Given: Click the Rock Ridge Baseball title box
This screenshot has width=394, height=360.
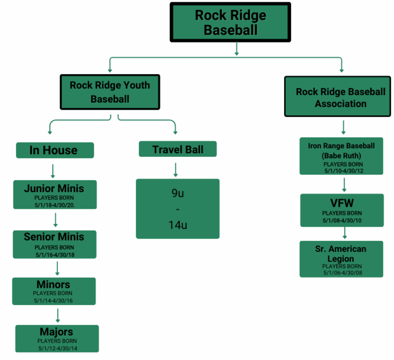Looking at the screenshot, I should (x=230, y=22).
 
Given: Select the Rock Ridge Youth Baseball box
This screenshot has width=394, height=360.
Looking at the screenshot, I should (x=110, y=92).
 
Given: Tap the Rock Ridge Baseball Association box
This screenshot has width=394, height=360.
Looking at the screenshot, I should (x=340, y=98).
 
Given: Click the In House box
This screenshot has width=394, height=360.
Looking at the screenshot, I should (x=55, y=150).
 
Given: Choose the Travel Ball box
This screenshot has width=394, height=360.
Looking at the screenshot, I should (x=178, y=149).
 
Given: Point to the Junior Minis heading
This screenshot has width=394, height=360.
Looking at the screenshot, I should (x=54, y=188).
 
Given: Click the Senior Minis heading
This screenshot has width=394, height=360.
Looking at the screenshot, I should (x=54, y=237).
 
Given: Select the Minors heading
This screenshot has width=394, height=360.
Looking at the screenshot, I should (x=54, y=284).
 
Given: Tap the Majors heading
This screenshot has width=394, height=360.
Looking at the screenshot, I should (x=56, y=332).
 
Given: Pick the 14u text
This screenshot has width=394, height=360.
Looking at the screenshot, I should (x=177, y=225).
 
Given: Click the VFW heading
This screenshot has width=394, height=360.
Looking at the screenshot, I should (x=342, y=203).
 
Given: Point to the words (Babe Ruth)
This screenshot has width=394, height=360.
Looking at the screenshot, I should (x=341, y=156).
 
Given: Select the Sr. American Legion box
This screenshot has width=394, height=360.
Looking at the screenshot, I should (x=341, y=259).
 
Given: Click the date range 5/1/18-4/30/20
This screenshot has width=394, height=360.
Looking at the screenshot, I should (x=54, y=205).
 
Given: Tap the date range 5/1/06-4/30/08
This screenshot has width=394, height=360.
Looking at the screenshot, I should (x=341, y=272).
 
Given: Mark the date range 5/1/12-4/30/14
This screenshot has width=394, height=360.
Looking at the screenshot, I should (x=58, y=348).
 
